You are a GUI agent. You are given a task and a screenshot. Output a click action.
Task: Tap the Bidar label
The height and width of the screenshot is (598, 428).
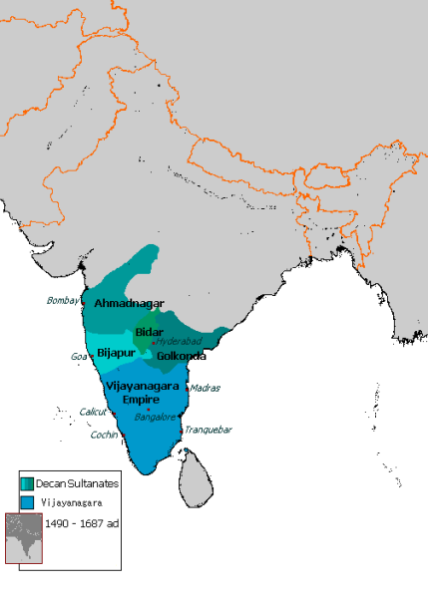[x=149, y=331]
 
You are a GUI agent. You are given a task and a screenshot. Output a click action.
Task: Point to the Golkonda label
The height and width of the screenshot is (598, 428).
[x=181, y=355]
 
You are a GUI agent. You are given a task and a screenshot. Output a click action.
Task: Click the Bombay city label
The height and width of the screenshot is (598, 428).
[x=62, y=300]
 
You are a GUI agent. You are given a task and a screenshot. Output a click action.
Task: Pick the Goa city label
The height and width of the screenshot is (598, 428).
[x=79, y=356]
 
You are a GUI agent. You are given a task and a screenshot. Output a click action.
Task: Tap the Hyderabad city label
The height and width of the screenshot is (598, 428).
[x=179, y=341]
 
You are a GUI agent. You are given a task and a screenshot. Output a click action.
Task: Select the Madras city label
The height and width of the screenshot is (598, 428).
[x=205, y=388]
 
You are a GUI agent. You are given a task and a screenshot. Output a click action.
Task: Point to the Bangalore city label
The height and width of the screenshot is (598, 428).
[x=155, y=418]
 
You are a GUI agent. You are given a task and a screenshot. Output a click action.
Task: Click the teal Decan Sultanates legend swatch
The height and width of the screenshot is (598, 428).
[x=26, y=483]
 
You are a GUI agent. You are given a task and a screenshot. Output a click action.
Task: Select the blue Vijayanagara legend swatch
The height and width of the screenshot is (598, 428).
[x=26, y=502]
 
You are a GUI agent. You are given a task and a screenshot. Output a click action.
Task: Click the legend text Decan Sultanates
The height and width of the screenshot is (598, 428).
[x=79, y=483]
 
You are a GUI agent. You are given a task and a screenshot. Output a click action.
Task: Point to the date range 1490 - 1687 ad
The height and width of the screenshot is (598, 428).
[x=83, y=523]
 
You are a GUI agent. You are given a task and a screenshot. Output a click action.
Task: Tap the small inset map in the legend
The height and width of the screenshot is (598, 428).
[x=24, y=539]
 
